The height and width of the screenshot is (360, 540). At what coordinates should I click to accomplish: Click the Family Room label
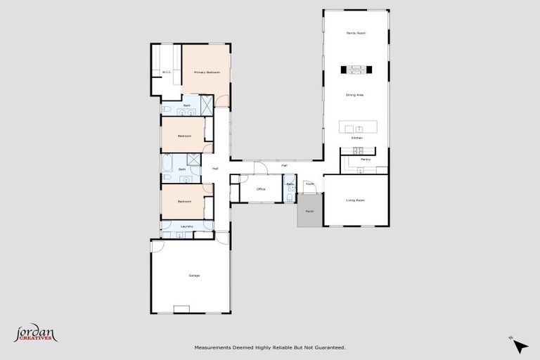click(356, 33)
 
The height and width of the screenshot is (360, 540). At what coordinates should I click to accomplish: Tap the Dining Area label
click(356, 94)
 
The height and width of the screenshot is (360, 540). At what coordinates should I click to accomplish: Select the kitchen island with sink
click(358, 128)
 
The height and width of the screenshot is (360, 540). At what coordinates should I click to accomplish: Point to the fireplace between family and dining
click(356, 69)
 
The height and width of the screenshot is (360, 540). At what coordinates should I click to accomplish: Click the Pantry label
click(365, 160)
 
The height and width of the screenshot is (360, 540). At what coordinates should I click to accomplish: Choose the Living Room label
click(355, 200)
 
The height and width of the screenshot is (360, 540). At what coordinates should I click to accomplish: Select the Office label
click(260, 189)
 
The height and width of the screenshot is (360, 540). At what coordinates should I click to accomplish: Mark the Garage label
click(194, 275)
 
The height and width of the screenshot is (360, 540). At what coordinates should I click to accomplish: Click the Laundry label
click(186, 226)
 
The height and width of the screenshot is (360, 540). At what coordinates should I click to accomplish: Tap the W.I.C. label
click(166, 72)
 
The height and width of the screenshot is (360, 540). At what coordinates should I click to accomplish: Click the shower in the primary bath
click(208, 105)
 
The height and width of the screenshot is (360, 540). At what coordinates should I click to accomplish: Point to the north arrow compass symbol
click(520, 346)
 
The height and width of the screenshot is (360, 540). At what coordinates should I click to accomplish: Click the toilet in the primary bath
click(167, 109)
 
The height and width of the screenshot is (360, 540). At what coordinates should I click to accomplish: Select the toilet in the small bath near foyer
click(290, 198)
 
